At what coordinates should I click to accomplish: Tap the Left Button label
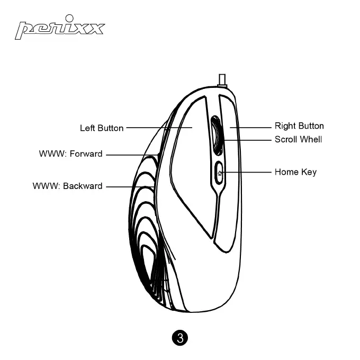coord(102,128)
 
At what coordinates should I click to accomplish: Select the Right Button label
coord(299,126)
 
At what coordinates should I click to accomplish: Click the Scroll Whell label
coord(298,140)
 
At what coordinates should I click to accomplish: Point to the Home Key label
coord(295,172)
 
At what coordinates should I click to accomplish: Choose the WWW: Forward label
coord(70,155)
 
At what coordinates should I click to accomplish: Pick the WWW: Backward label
coord(67,186)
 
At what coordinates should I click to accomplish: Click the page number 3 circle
coord(180,338)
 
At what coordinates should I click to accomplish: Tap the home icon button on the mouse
coord(220,173)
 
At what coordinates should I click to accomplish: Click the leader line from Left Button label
coord(154,128)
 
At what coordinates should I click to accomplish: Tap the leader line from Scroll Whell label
coord(249,140)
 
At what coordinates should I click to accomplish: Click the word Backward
coord(83,186)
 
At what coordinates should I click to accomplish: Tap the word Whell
coord(311,140)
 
